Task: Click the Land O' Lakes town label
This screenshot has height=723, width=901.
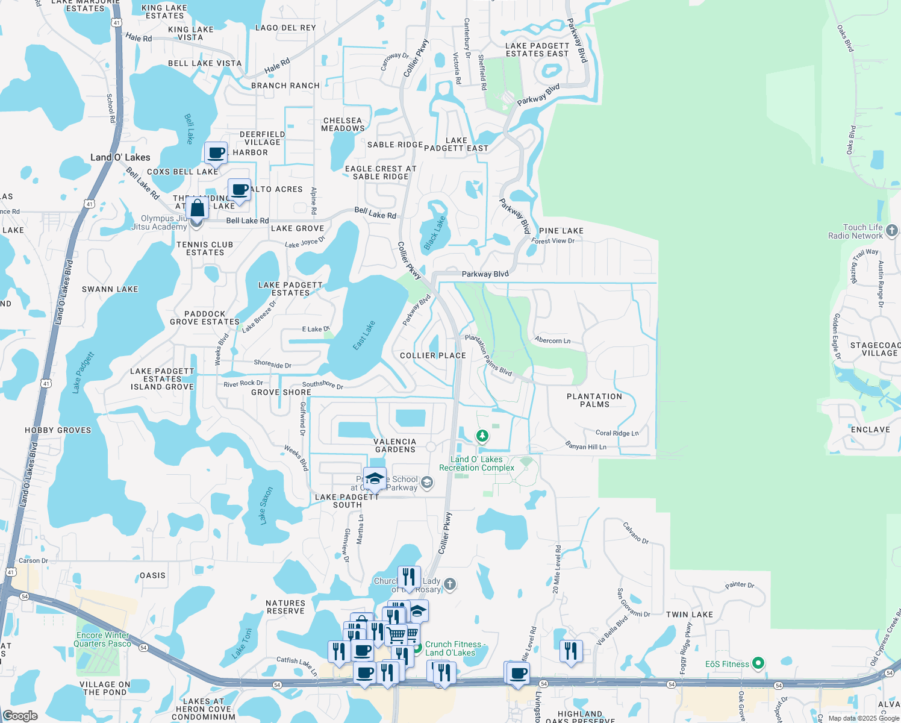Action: (x=120, y=157)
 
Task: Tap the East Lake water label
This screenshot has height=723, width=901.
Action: (x=364, y=336)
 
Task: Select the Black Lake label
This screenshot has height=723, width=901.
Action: (x=434, y=233)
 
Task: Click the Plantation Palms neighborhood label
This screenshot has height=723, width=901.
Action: (x=594, y=401)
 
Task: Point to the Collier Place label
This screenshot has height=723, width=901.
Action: (x=433, y=355)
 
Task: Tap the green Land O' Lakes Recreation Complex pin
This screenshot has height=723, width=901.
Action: (x=482, y=435)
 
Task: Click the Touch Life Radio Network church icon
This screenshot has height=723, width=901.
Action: (x=892, y=230)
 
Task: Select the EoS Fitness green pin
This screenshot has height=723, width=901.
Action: (x=758, y=664)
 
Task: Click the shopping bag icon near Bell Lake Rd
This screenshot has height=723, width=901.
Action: (x=197, y=208)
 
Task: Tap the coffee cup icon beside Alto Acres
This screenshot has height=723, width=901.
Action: (x=240, y=190)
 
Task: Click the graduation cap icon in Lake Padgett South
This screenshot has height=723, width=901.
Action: (x=375, y=479)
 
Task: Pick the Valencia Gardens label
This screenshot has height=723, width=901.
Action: (x=395, y=445)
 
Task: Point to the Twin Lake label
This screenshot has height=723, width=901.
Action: (x=689, y=615)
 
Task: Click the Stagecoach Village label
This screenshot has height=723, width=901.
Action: (x=875, y=349)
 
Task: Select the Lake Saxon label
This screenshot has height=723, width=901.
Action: (x=266, y=505)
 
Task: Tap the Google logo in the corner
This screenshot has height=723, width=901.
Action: (x=20, y=716)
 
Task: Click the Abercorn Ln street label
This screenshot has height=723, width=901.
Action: (x=552, y=340)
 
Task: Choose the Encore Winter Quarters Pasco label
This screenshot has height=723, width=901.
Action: (x=102, y=639)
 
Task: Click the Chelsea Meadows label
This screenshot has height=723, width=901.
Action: (x=343, y=124)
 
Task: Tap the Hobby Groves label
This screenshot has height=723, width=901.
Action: (x=58, y=430)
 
